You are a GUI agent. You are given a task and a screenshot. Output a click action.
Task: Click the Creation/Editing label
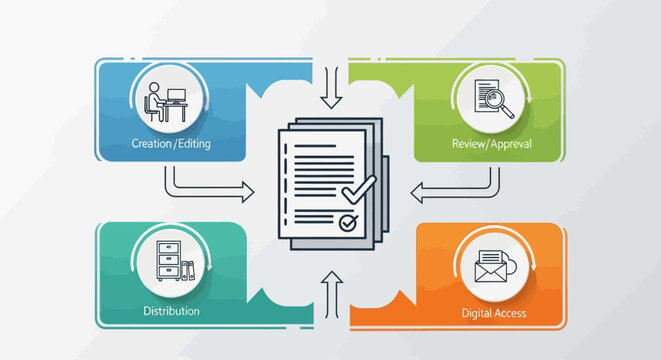[170, 144]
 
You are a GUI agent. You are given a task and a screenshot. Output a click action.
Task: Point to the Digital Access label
[494, 313]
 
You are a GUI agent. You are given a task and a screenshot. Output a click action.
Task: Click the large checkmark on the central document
[358, 189]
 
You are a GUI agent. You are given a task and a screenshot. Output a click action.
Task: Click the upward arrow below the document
[332, 292]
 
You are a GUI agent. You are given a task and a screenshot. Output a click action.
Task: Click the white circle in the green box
[492, 100]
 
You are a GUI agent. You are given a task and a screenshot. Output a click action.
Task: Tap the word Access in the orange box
[510, 313]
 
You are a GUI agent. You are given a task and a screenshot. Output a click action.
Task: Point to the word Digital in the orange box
[477, 313]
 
